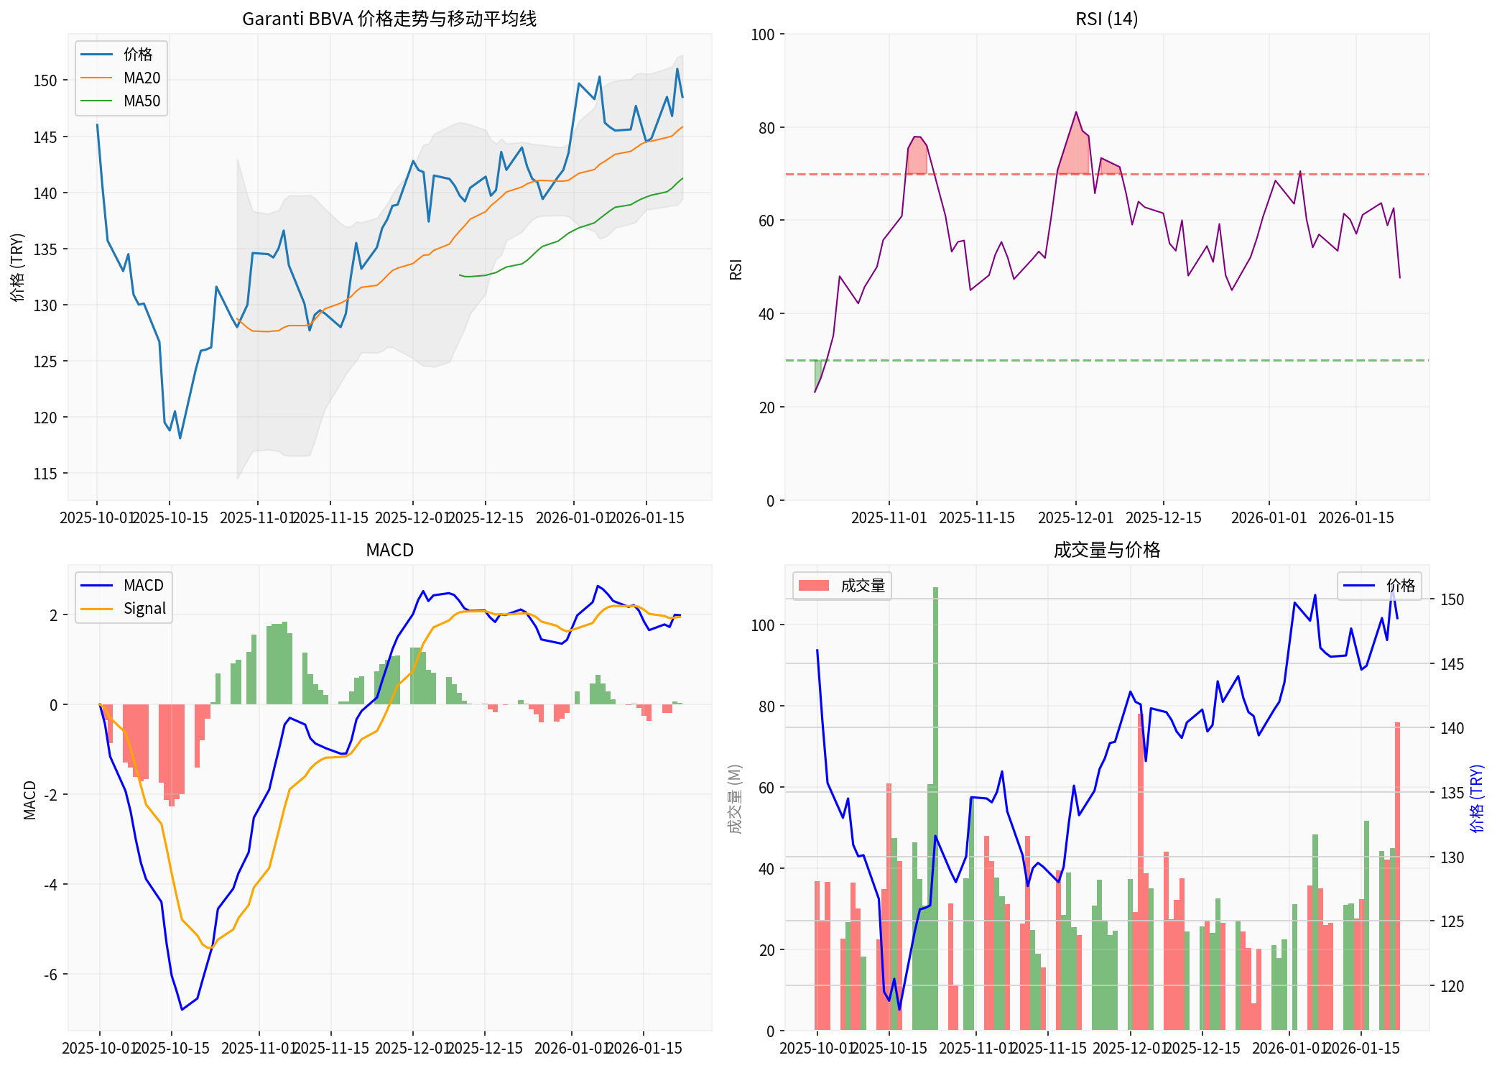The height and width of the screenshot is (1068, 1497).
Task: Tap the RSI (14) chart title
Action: pos(1106,19)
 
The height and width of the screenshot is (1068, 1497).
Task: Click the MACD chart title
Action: pos(389,550)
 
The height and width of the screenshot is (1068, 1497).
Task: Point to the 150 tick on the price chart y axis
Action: pos(45,80)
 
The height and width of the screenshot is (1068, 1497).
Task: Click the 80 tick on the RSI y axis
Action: pos(766,128)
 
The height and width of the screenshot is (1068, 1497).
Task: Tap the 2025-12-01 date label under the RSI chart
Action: pos(1075,517)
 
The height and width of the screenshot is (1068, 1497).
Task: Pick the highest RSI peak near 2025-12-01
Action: pos(1076,112)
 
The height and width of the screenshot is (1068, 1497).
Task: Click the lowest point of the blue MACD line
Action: pos(182,1009)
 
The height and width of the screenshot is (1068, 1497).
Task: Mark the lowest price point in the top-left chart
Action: pos(180,438)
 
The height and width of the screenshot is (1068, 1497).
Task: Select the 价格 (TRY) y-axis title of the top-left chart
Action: pos(17,267)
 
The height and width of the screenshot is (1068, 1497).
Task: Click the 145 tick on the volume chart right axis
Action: pos(1451,664)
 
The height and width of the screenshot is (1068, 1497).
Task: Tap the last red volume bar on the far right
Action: pos(1397,877)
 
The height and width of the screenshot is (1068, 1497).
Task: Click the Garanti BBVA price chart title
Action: pos(389,19)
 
